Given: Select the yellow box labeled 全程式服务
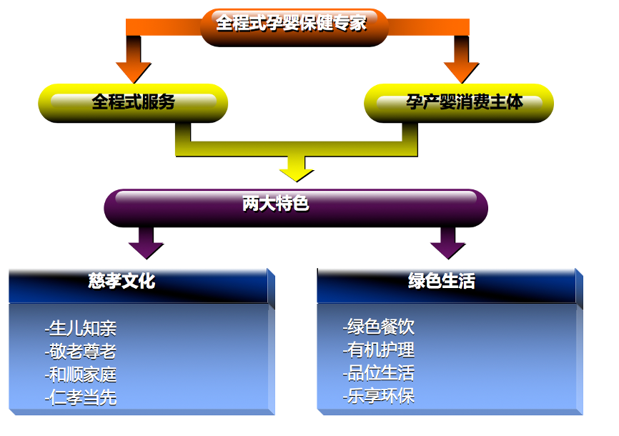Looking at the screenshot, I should click(133, 102).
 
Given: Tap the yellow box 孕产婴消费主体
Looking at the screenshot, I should click(459, 102).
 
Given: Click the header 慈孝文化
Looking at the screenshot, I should click(122, 282).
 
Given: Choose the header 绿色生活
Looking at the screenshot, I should click(441, 282).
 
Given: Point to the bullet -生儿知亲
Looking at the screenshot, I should click(80, 329).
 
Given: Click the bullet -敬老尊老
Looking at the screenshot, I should click(80, 352).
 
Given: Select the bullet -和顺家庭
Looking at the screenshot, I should click(80, 375).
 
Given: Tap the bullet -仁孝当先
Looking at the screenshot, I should click(80, 397).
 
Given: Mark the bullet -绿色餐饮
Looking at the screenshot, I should click(378, 327).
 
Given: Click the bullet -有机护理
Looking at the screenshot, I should click(378, 350).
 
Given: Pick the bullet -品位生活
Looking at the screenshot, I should click(378, 373).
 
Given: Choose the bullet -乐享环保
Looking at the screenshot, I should click(378, 396).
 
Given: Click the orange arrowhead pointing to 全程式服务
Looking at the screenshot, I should click(133, 71).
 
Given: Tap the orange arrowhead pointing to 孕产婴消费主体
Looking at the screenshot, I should click(461, 71).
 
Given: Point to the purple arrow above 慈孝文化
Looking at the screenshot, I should click(146, 247).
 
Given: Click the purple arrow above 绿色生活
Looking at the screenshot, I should click(448, 247).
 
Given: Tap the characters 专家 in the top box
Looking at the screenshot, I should click(351, 24).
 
